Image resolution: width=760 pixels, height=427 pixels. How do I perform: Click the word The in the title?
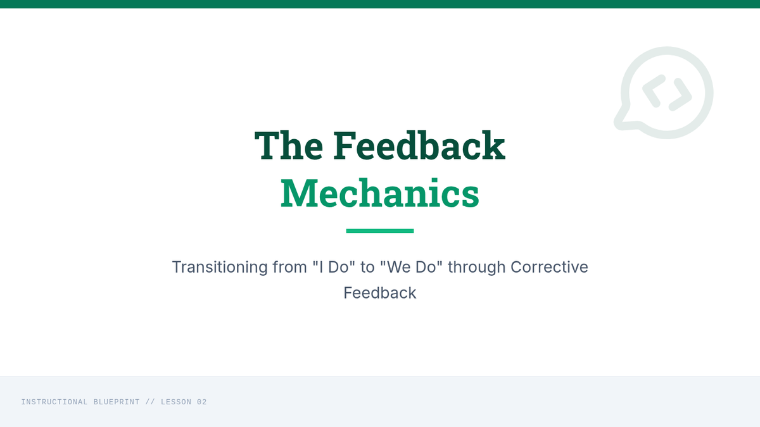289,145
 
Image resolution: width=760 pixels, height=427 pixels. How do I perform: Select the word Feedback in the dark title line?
419,145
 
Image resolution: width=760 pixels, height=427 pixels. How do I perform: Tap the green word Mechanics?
380,193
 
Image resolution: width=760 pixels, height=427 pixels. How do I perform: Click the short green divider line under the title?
380,231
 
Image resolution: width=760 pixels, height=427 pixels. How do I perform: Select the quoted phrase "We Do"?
411,267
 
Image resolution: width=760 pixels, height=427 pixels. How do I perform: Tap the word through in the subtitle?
477,268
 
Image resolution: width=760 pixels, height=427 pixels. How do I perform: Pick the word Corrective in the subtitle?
549,267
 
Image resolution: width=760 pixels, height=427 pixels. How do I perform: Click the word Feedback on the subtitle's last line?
380,293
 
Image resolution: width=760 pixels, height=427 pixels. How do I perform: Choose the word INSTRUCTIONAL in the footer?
54,402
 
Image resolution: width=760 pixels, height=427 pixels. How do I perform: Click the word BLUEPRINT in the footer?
117,402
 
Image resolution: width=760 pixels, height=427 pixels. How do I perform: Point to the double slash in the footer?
150,402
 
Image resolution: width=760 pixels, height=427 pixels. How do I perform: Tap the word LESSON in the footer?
176,402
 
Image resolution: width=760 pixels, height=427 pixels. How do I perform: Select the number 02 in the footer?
202,402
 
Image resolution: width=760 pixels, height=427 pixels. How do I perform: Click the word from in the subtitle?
290,267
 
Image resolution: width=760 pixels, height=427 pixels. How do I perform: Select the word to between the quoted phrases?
367,268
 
